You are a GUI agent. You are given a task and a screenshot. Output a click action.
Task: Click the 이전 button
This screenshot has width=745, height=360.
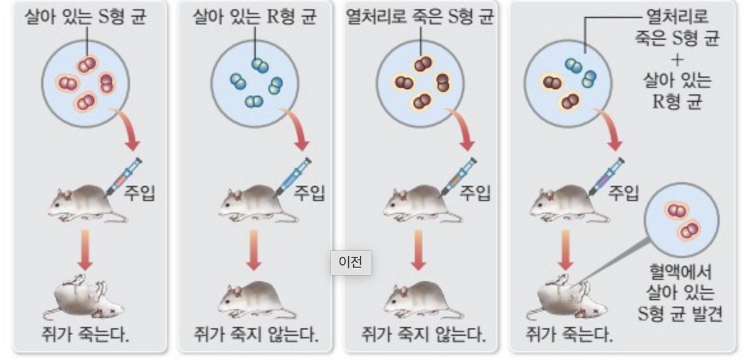[x=350, y=262]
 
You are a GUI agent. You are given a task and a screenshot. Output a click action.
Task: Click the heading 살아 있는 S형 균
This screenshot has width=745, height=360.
[x=85, y=17]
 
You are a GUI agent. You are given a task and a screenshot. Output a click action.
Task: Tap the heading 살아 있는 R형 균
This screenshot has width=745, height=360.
[x=255, y=17]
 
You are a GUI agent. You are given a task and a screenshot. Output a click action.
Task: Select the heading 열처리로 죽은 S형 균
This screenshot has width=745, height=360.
[x=420, y=17]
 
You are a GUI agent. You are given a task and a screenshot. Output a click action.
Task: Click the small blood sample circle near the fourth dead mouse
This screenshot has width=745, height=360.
[x=681, y=220]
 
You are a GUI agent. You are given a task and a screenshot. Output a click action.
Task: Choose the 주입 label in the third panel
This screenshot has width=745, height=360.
[x=475, y=193]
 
